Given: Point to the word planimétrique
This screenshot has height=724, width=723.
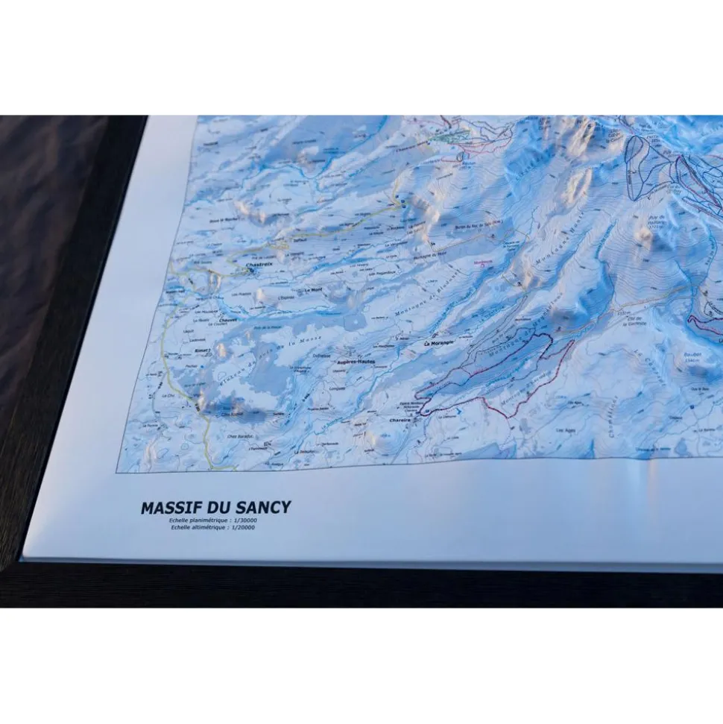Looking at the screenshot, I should point(208,520).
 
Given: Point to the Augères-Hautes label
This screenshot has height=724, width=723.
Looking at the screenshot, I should point(356,361).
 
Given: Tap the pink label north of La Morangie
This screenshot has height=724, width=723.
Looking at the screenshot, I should point(482,261).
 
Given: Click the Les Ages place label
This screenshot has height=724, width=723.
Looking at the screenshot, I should point(568,431).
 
